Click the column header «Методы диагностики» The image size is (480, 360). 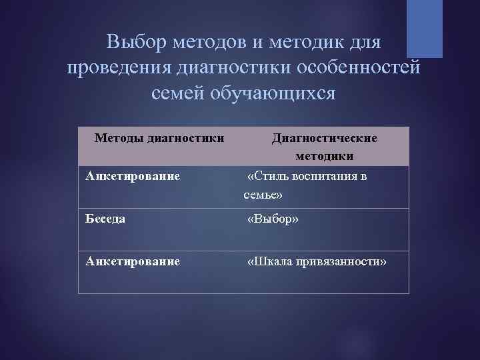[159, 138]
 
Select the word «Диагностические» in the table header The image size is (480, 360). [324, 138]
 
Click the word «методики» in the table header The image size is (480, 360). [323, 156]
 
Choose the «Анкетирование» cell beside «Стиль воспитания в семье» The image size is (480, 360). [133, 177]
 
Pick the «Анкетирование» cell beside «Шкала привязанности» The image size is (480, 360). [133, 261]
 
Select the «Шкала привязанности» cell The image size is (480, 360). [317, 261]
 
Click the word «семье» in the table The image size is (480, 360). [263, 195]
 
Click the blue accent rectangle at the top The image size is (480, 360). [424, 28]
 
